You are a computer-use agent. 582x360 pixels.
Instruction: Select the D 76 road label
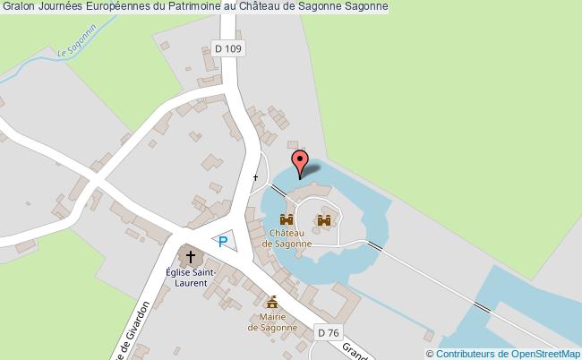(330, 332)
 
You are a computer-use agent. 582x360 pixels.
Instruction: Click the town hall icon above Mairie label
(270, 302)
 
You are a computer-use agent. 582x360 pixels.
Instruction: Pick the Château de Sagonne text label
(287, 238)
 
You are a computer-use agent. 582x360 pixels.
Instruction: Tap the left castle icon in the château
(287, 219)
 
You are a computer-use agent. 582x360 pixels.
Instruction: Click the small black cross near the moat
(256, 177)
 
